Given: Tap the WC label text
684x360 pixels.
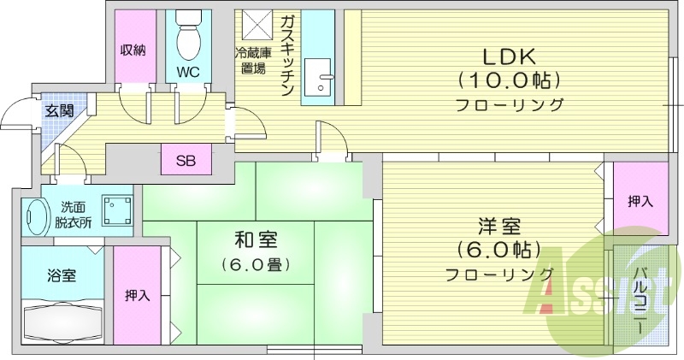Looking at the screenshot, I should [x=188, y=73].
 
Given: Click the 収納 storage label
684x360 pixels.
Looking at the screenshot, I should [x=133, y=50].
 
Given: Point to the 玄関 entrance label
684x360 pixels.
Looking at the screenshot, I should [x=59, y=109].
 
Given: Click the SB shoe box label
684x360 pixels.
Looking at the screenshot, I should [x=186, y=160].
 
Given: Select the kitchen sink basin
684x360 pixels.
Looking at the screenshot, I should [x=321, y=82].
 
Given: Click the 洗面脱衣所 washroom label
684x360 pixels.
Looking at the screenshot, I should [x=76, y=214].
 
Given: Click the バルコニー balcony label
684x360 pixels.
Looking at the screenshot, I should [x=639, y=300].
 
